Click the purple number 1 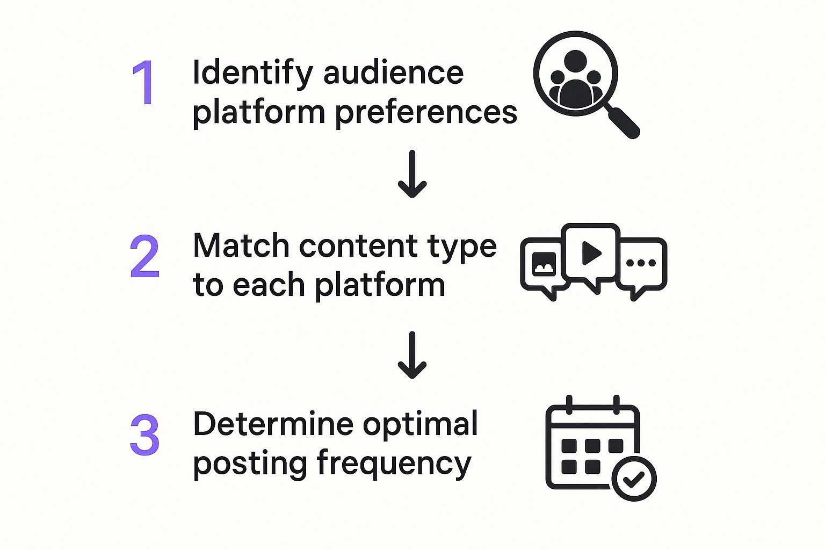[x=144, y=83]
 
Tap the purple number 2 [x=144, y=256]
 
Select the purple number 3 [x=144, y=435]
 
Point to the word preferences [x=426, y=113]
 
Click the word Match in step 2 [x=241, y=246]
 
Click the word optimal [x=420, y=424]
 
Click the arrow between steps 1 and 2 [x=412, y=173]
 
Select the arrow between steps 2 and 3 [x=412, y=355]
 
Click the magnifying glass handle [x=623, y=122]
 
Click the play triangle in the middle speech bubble [x=591, y=253]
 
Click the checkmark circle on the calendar [x=634, y=479]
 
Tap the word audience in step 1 [x=393, y=73]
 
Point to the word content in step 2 [x=358, y=246]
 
